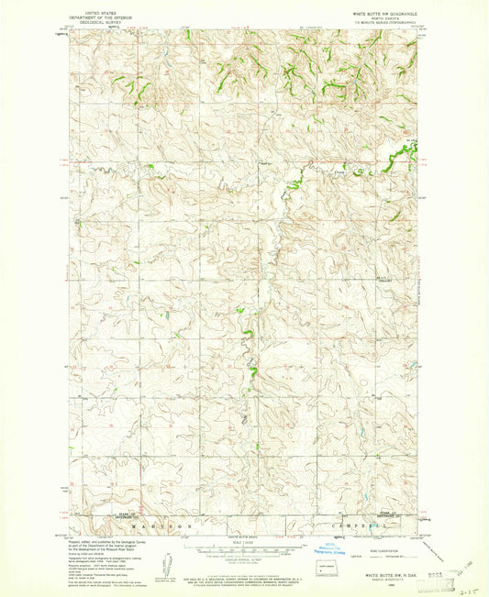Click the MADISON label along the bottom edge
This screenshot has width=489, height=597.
(162, 527)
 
